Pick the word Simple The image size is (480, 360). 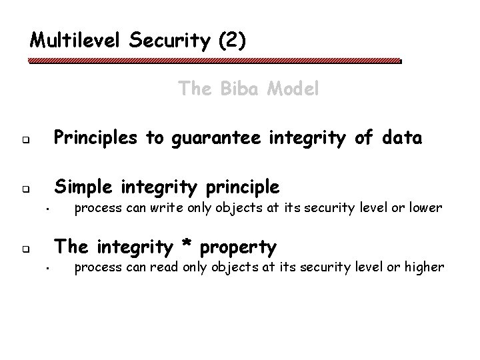pos(83,185)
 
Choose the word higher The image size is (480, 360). pos(423,268)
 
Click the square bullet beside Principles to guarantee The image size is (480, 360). pos(23,141)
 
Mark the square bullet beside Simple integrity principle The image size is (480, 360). pos(23,189)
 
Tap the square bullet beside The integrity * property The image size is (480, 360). pos(23,251)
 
